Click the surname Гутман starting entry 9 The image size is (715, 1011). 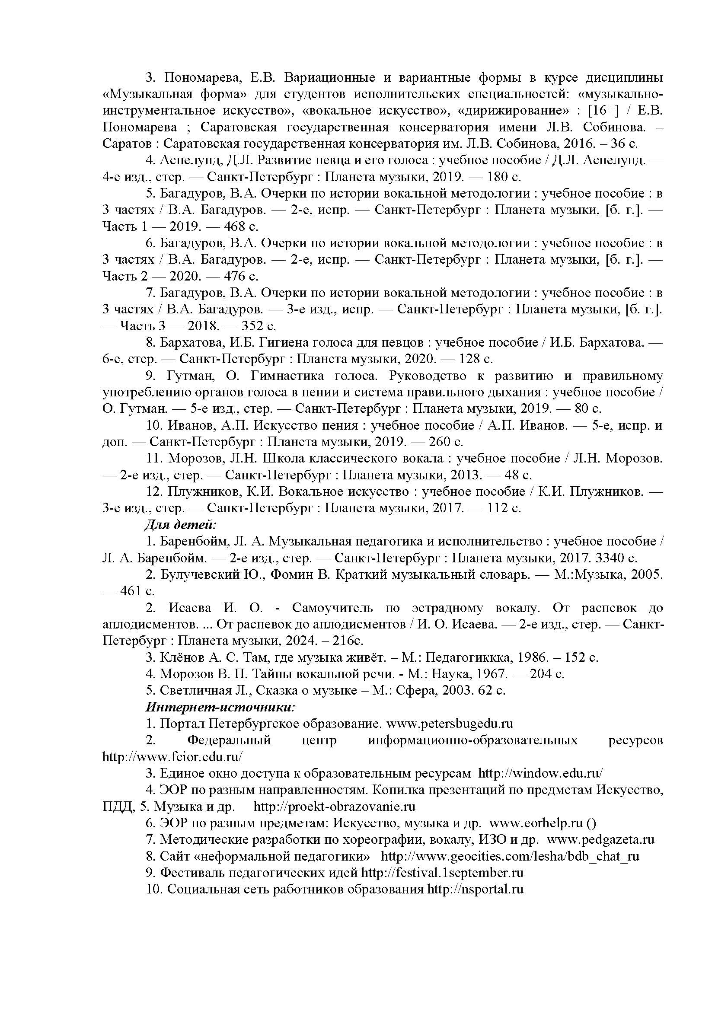click(x=190, y=376)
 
